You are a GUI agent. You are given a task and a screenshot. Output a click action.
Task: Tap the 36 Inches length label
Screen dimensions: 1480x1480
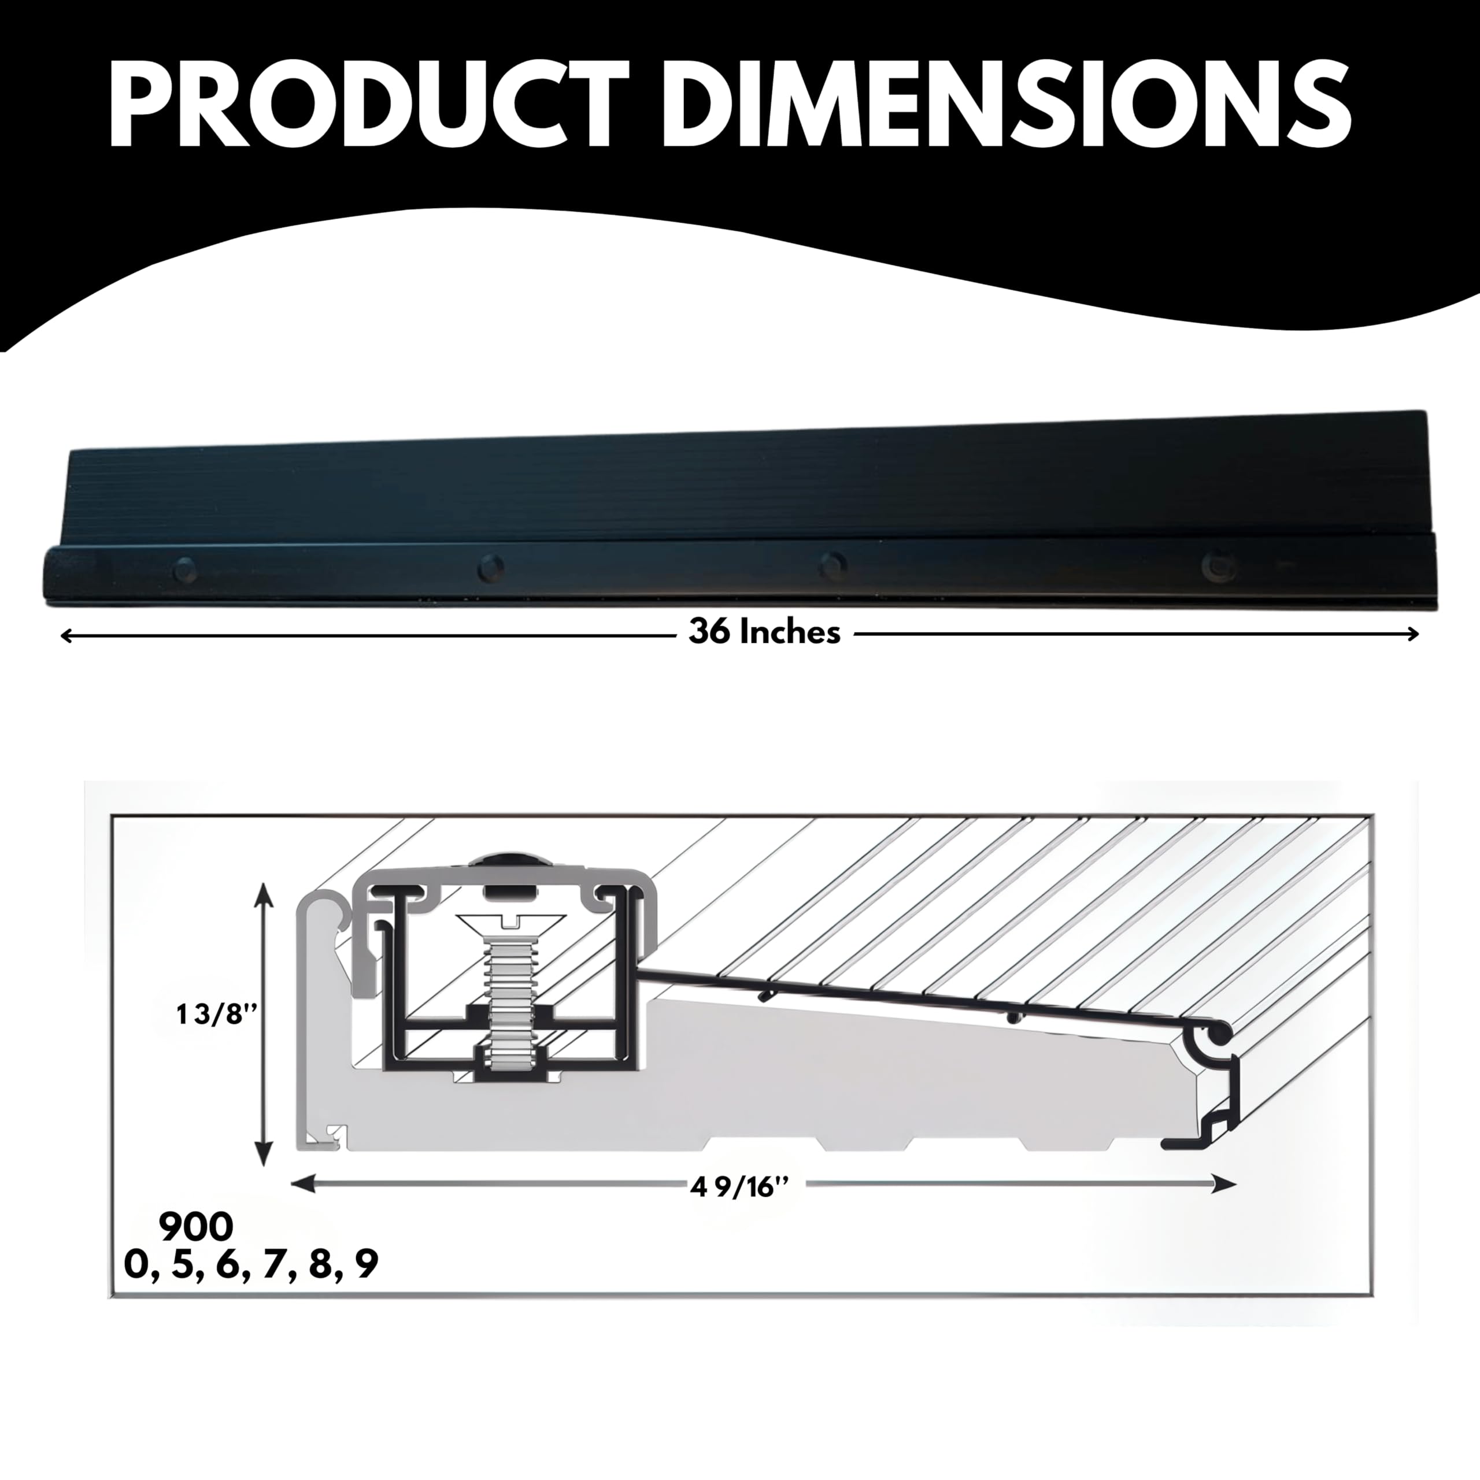click(764, 632)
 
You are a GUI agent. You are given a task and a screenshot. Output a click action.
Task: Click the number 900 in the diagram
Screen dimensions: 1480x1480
click(196, 1227)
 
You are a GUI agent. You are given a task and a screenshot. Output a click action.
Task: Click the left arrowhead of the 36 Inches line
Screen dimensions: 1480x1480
click(66, 634)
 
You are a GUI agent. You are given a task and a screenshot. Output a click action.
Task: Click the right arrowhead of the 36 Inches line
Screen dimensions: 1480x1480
click(1414, 634)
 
